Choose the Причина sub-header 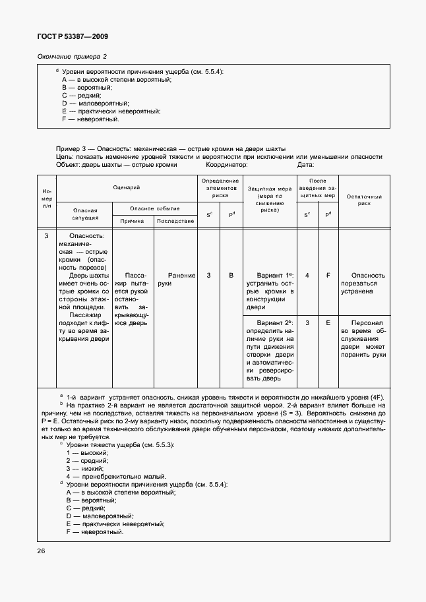click(x=132, y=221)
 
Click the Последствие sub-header click(x=175, y=221)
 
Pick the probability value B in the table click(x=231, y=275)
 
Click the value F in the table click(x=328, y=275)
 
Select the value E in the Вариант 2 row click(x=328, y=323)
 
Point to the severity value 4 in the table click(x=307, y=275)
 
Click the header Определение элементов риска click(x=220, y=188)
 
